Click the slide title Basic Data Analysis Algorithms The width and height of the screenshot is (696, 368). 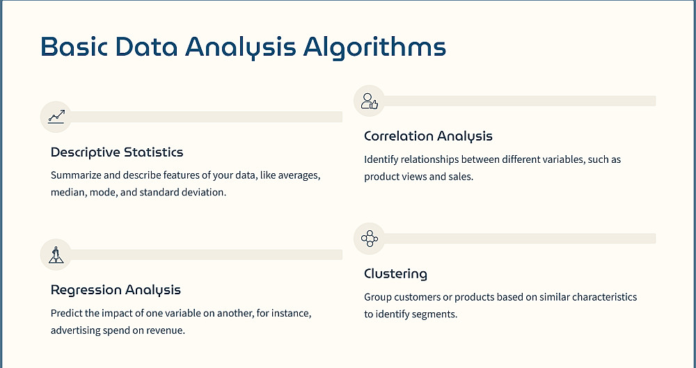coord(243,47)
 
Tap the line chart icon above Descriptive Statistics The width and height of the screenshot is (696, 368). coord(56,117)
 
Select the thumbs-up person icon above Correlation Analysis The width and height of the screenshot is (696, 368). coord(370,101)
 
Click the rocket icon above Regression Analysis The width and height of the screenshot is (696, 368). coord(56,255)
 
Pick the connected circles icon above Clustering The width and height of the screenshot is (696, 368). coord(370,239)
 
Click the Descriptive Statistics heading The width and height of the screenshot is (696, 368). coord(117,152)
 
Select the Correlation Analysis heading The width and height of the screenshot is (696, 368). coord(428,136)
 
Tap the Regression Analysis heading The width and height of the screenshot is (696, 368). coord(116,290)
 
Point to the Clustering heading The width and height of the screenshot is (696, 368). coord(395,274)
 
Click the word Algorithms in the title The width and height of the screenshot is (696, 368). coord(374,47)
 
